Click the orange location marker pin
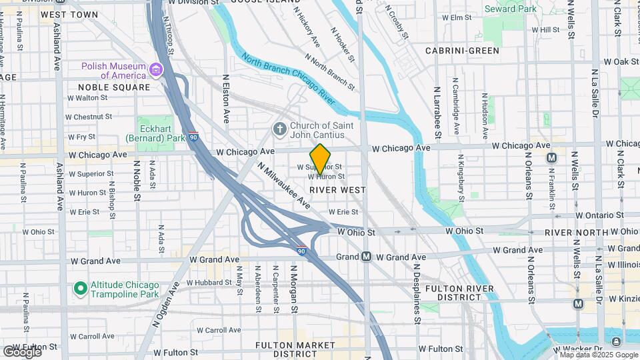[320, 159]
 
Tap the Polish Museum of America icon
[156, 70]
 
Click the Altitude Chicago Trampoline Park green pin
[80, 289]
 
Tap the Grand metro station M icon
[366, 257]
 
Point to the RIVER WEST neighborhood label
[337, 190]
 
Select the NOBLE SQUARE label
[114, 87]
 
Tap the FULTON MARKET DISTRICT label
[296, 349]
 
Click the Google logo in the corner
[22, 351]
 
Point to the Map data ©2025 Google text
[598, 355]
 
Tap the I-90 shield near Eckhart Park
[193, 136]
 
